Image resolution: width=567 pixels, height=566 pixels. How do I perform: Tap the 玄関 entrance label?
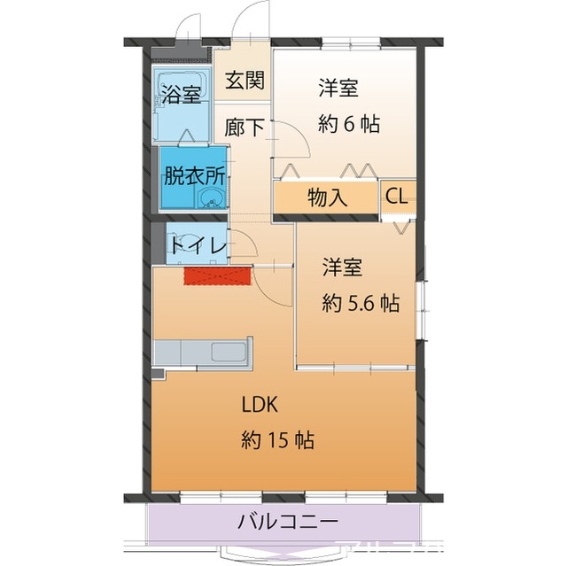pyautogui.click(x=242, y=81)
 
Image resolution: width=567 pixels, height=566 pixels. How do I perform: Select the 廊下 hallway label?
pyautogui.click(x=244, y=127)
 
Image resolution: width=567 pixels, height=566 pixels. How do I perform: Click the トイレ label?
pyautogui.click(x=198, y=246)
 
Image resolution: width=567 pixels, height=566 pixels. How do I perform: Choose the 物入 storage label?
pyautogui.click(x=327, y=198)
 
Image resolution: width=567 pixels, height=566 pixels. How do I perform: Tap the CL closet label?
pyautogui.click(x=396, y=197)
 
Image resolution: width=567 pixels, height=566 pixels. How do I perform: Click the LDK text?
pyautogui.click(x=261, y=405)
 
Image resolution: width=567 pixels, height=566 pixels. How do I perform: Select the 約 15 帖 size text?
pyautogui.click(x=278, y=439)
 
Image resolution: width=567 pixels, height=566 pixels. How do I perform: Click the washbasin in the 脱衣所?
pyautogui.click(x=212, y=199)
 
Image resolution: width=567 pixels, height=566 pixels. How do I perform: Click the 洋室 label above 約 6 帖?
pyautogui.click(x=338, y=89)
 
